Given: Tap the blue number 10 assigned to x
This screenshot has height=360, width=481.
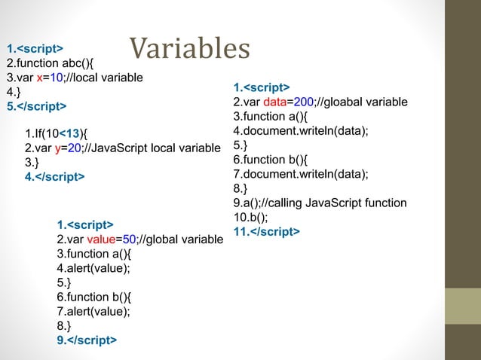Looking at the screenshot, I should [47, 77].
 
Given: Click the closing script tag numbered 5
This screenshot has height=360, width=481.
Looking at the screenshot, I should [35, 105].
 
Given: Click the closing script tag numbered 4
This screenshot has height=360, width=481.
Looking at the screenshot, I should [55, 176].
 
